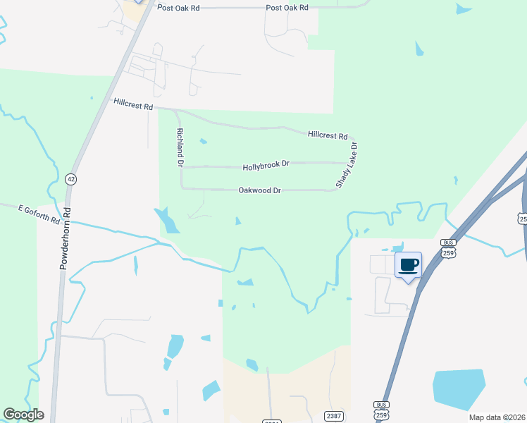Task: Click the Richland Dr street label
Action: point(180,147)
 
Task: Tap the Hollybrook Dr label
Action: point(266,166)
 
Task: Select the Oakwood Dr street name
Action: point(260,190)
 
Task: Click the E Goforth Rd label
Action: point(39,214)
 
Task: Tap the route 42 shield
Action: point(70,179)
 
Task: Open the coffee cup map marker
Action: point(408,265)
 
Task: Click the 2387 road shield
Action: point(334,416)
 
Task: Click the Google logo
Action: point(23,415)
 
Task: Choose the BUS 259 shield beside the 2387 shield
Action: point(381,410)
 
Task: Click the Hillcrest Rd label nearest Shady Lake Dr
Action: point(328,135)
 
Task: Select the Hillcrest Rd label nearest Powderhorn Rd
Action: point(133,104)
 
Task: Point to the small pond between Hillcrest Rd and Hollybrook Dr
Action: point(204,141)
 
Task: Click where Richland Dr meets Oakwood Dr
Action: point(182,188)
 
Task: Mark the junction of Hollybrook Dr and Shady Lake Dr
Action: point(350,163)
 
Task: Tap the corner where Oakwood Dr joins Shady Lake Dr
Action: point(337,190)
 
